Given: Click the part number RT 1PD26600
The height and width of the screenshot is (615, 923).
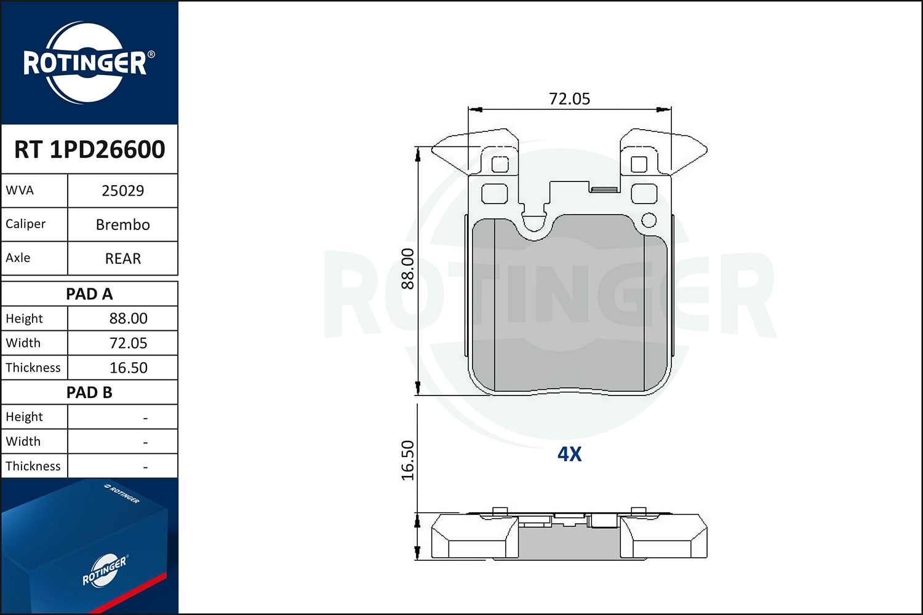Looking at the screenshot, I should (89, 149).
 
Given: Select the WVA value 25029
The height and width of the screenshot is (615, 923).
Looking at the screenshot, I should (122, 191).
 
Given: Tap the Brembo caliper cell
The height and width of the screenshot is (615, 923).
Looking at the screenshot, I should (122, 224).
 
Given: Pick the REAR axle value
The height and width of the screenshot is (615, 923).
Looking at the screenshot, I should (122, 258).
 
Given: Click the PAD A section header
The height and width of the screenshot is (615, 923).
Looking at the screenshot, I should (89, 294).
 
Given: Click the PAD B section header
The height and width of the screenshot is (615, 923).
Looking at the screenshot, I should (89, 392).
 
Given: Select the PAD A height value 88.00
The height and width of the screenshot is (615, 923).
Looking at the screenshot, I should (128, 319).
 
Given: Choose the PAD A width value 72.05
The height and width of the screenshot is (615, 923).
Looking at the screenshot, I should (128, 343).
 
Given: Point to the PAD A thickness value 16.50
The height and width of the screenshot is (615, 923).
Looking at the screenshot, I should (128, 368).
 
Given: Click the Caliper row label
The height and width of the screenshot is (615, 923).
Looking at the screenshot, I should (26, 224).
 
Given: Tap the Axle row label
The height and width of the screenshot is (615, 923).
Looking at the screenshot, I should (18, 258).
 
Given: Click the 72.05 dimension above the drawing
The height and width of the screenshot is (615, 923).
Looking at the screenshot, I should (569, 99).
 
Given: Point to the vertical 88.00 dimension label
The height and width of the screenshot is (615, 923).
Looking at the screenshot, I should (408, 269).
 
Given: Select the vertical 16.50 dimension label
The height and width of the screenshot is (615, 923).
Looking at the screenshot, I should (408, 460).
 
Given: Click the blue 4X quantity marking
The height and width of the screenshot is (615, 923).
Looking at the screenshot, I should (569, 454).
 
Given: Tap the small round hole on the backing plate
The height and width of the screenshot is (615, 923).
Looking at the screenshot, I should (649, 220).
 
